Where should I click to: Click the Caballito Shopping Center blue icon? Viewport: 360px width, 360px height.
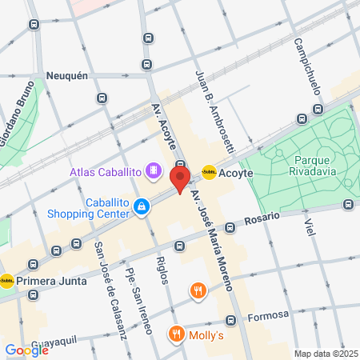point(142,207)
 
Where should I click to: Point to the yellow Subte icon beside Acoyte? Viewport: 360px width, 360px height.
point(209,171)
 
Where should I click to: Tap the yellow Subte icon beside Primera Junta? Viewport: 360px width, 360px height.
point(6,280)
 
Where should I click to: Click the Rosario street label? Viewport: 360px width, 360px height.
point(262,218)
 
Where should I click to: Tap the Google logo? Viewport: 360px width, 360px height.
point(26,350)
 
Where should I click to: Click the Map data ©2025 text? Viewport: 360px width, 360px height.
point(324,354)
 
